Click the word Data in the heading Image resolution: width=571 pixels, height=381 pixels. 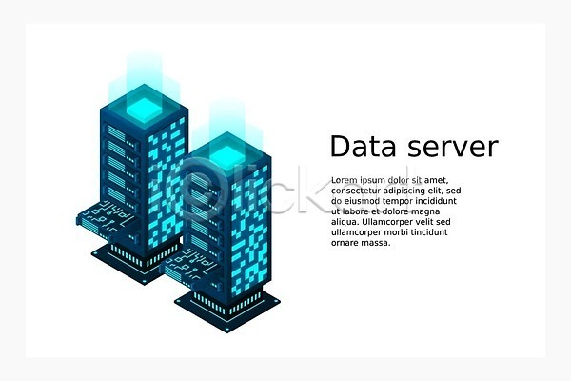tap(361, 147)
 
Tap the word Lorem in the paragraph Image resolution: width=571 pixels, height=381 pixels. tap(345, 180)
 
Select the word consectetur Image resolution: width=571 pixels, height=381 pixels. tap(359, 190)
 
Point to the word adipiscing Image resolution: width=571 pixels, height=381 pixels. tap(412, 190)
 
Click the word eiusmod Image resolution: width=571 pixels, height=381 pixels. tap(363, 201)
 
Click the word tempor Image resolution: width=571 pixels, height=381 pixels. tap(399, 201)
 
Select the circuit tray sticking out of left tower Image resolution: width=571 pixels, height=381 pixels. tap(99, 214)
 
